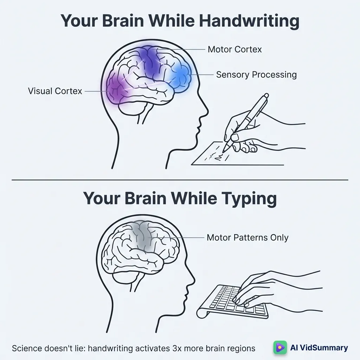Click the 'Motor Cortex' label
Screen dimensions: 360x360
[x=234, y=49]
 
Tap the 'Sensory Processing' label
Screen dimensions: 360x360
[x=256, y=75]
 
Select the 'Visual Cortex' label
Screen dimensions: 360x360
[x=55, y=91]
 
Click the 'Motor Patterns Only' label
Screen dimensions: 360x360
[x=247, y=238]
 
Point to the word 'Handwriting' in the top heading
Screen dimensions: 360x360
[x=249, y=21]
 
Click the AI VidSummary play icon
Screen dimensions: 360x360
[x=280, y=348]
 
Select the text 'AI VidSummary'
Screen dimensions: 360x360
[x=319, y=348]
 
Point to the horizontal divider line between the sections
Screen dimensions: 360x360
[x=180, y=180]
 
